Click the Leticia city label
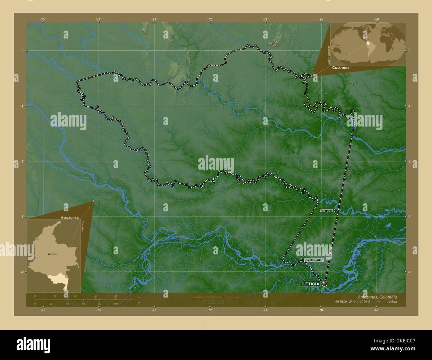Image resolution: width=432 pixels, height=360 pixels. tap(311, 284)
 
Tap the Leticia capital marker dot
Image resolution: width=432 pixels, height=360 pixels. tap(324, 284)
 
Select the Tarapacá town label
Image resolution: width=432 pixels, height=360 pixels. tap(326, 211)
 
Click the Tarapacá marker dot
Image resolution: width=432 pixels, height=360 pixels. tap(336, 211)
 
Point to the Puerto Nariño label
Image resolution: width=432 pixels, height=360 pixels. tap(313, 260)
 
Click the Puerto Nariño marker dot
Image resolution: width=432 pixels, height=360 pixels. tap(301, 260)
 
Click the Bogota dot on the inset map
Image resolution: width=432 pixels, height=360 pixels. tap(49, 254)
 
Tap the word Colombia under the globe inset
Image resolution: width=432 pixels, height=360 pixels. tap(340, 67)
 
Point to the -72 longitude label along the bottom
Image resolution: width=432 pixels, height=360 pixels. tap(210, 310)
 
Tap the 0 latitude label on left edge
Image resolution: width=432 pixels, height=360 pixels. tap(22, 51)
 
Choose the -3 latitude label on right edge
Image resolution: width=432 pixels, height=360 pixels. tap(409, 217)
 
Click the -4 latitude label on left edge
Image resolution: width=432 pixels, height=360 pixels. tap(22, 272)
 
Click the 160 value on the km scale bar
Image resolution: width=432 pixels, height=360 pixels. tap(115, 296)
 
